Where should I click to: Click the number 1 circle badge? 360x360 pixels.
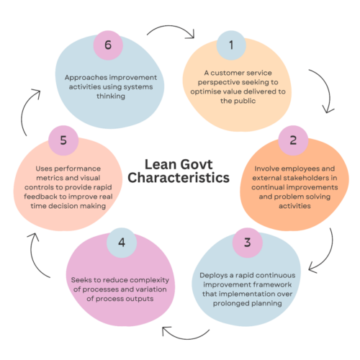click(x=231, y=45)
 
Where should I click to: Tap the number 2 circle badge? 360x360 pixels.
click(x=293, y=140)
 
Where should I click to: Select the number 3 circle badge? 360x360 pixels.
click(x=248, y=243)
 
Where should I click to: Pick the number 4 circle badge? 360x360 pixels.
click(x=122, y=243)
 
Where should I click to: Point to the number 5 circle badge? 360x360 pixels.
click(x=63, y=140)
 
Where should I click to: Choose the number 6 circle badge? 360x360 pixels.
click(x=108, y=45)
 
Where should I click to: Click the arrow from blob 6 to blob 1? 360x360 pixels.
click(x=171, y=26)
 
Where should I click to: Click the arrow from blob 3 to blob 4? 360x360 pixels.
click(x=186, y=339)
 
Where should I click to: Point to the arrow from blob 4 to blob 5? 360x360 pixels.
click(x=33, y=258)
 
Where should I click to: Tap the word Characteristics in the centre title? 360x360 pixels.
click(x=179, y=178)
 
